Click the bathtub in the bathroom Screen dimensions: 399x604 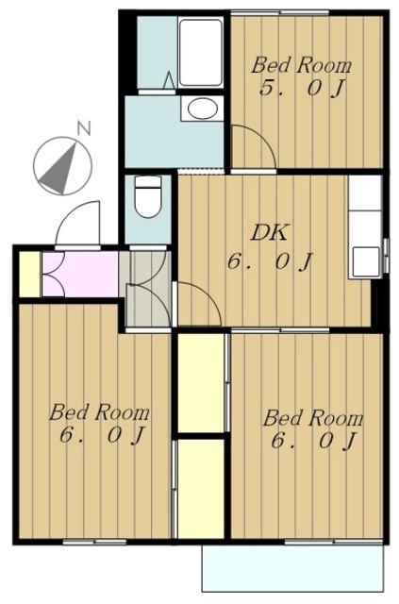[x=201, y=52]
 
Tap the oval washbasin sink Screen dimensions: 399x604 [x=202, y=109]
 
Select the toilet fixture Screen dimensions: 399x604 [x=147, y=196]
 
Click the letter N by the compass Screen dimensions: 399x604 [x=84, y=128]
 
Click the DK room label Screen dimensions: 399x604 [x=269, y=233]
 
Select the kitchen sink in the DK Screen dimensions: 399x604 [x=365, y=260]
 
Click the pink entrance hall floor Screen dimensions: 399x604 [x=80, y=274]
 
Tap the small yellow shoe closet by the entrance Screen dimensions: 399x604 [x=29, y=274]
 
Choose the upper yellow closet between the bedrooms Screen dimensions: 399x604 [x=201, y=382]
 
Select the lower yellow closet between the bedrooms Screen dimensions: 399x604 [x=201, y=489]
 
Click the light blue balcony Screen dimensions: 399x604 [x=293, y=568]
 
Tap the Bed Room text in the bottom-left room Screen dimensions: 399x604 [x=99, y=412]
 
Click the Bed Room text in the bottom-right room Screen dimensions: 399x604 [x=313, y=418]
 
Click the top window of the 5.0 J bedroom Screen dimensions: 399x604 [x=280, y=13]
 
